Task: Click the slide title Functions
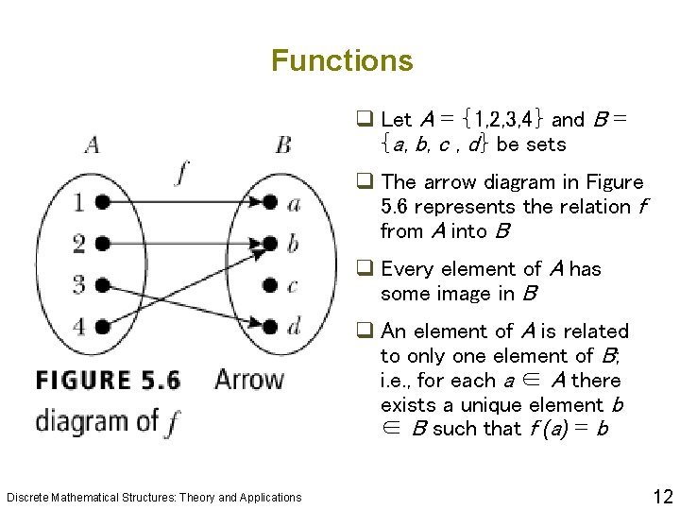(342, 61)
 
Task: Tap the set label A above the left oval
(93, 144)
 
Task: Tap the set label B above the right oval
(282, 144)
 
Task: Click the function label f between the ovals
(182, 175)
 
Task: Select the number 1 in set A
(79, 202)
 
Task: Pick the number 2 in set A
(79, 244)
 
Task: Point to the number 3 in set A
(79, 284)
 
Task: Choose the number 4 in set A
(79, 327)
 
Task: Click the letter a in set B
(294, 202)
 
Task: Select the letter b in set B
(293, 243)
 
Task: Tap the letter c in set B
(293, 285)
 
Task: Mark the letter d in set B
(294, 326)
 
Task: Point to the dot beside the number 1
(101, 202)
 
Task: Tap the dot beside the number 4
(101, 327)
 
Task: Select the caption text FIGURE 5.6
(108, 381)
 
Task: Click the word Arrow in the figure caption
(248, 381)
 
